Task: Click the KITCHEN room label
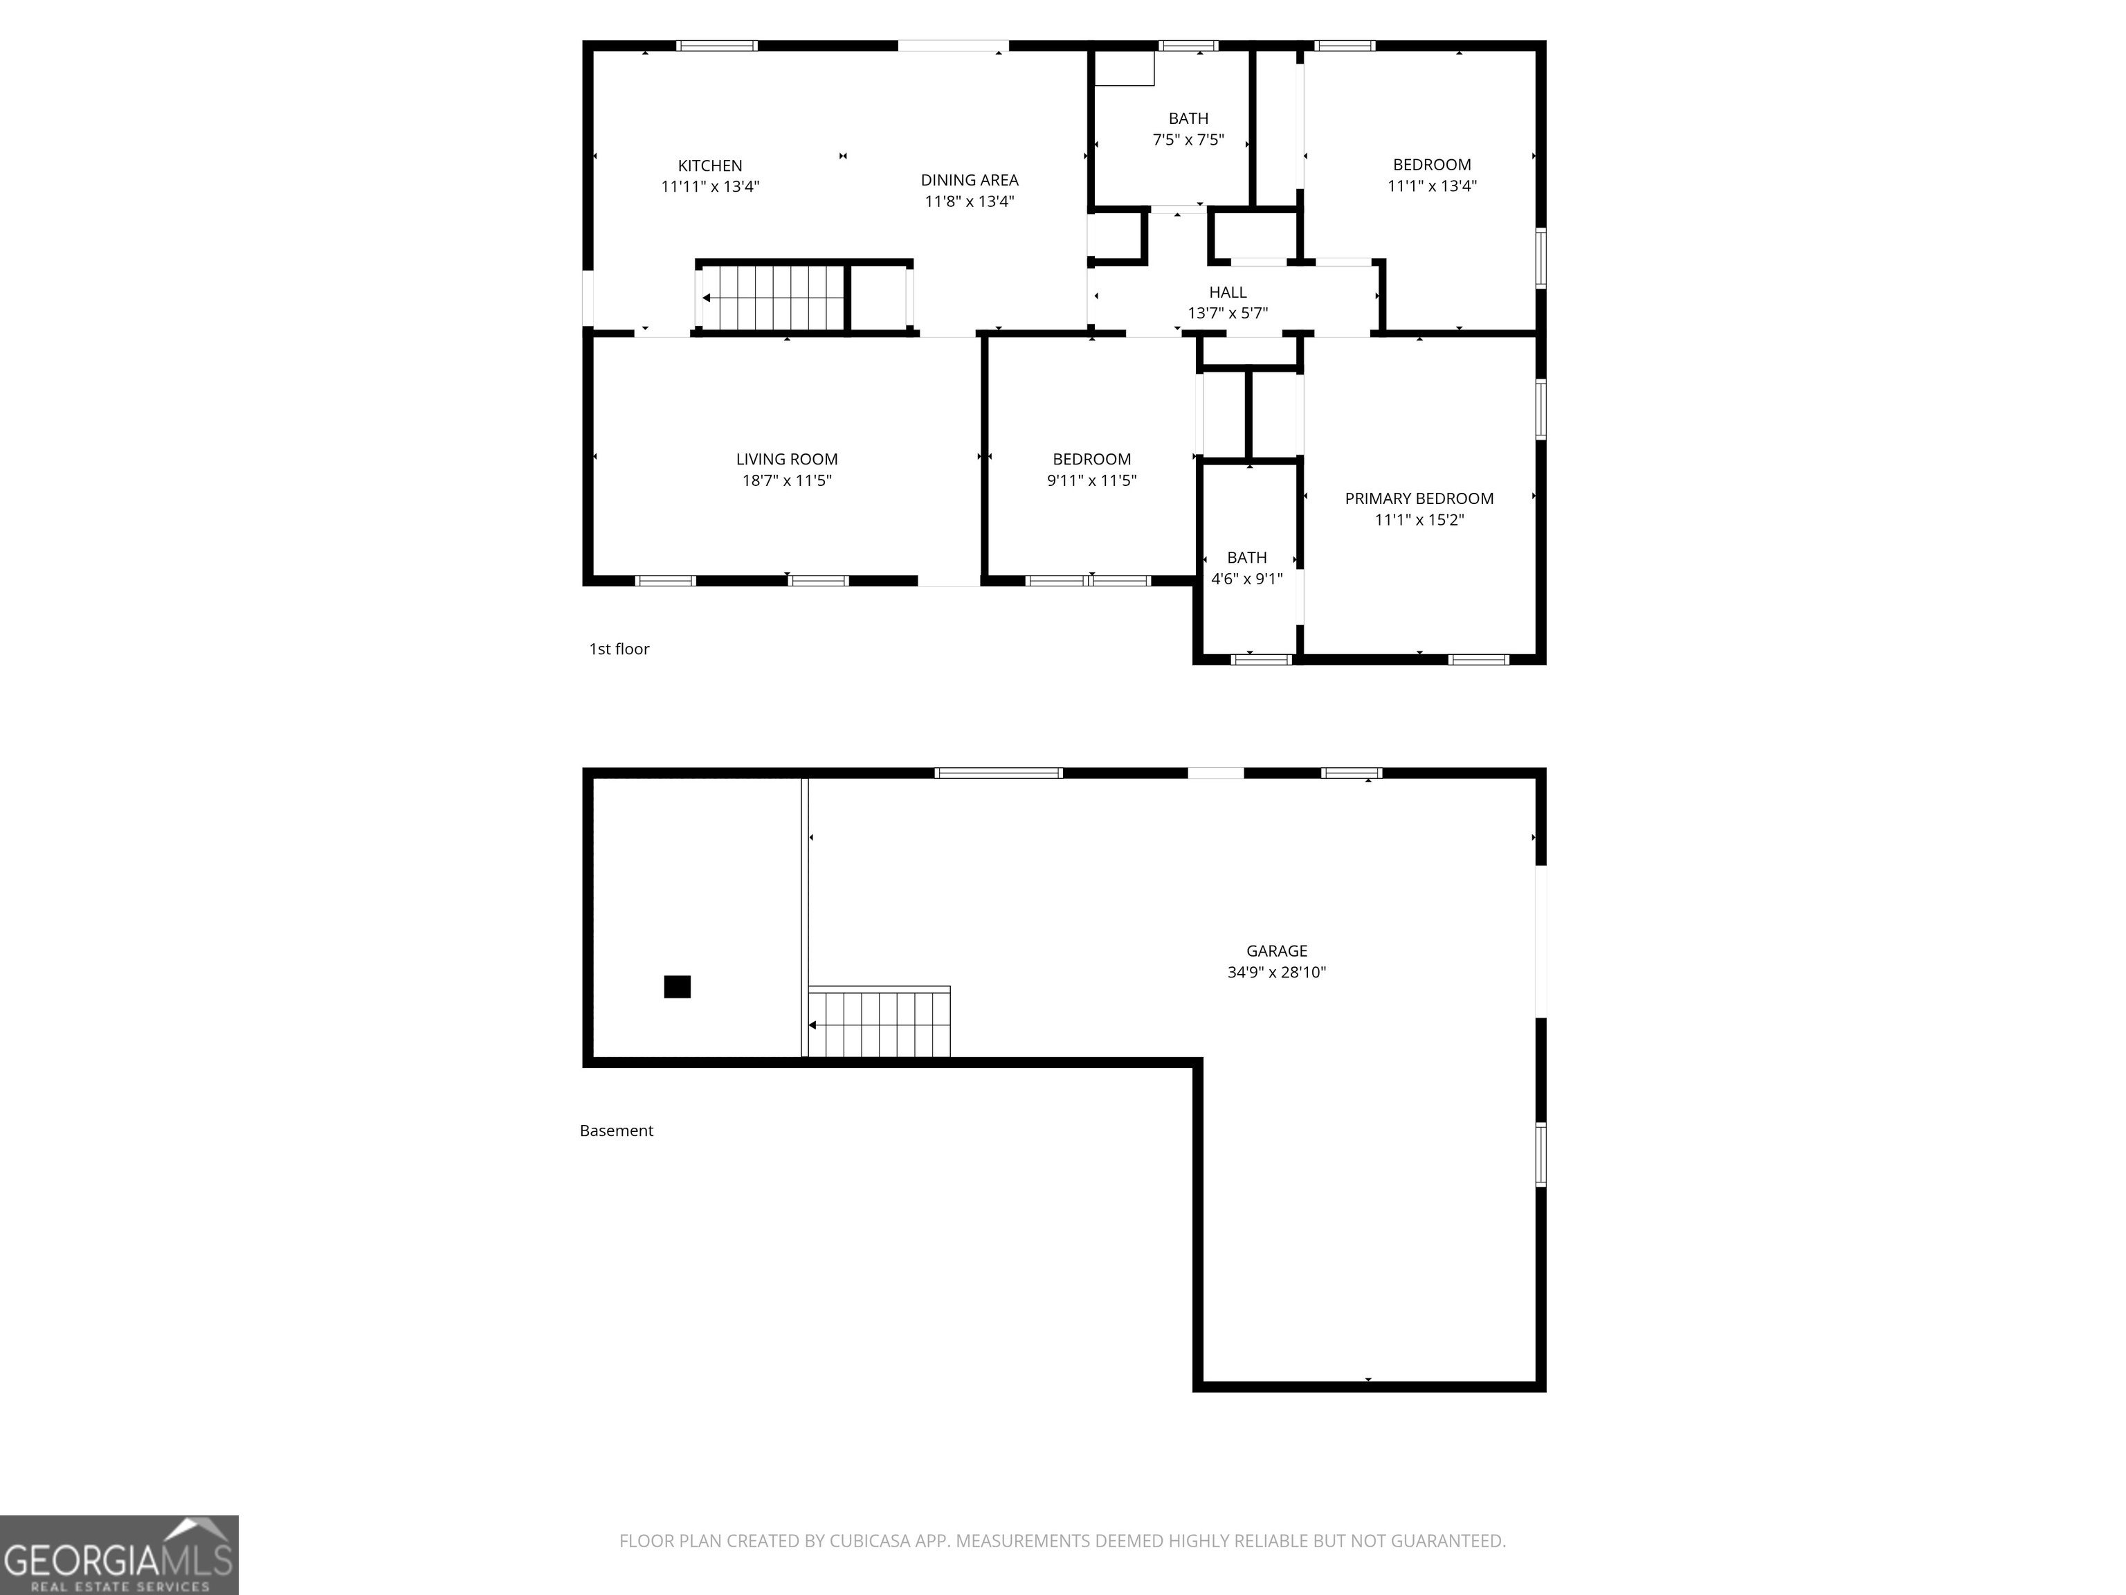(710, 165)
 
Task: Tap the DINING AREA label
(969, 180)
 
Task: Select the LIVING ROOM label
(786, 460)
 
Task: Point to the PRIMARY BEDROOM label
(1419, 498)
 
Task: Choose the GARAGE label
(1276, 951)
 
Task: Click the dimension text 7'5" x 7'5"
(1188, 139)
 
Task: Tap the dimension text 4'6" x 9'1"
(1246, 579)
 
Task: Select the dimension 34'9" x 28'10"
(1276, 972)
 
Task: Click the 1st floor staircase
(774, 298)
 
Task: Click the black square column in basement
(678, 986)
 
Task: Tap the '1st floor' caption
(619, 649)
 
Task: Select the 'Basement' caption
(616, 1130)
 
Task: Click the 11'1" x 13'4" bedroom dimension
(1431, 186)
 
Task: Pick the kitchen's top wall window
(717, 45)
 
